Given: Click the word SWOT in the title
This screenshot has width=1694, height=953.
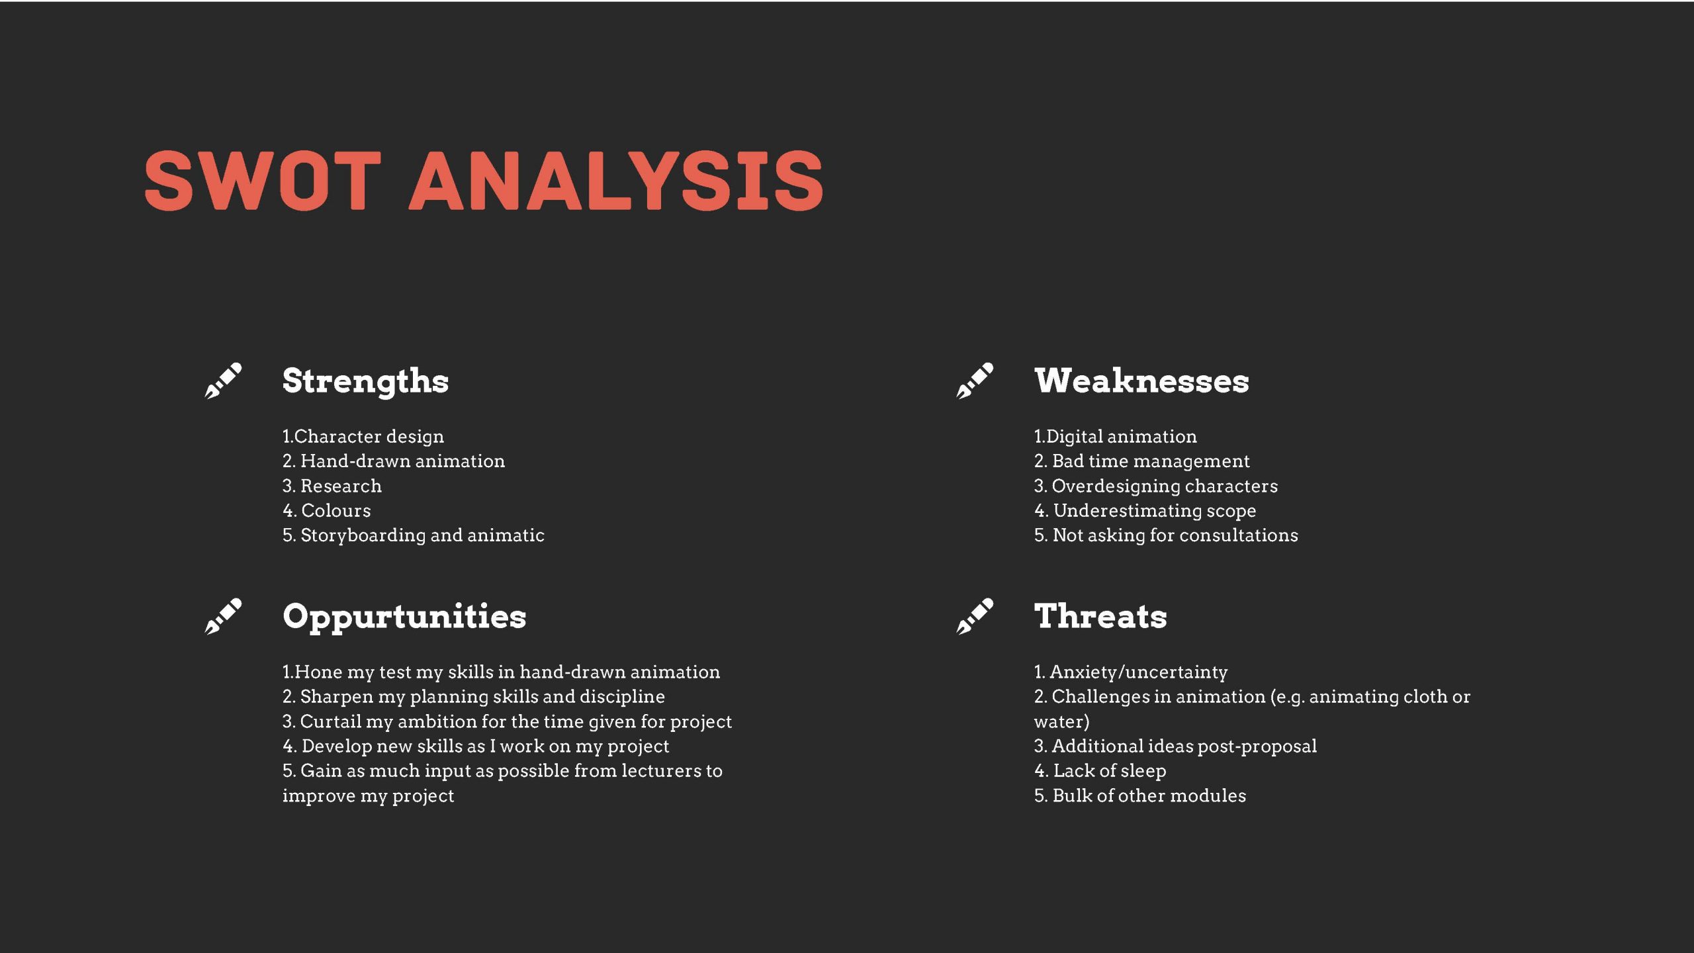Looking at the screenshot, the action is [x=263, y=180].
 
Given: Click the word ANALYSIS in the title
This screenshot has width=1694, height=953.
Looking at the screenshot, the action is [x=617, y=180].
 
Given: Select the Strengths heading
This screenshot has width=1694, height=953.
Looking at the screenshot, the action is [x=365, y=382].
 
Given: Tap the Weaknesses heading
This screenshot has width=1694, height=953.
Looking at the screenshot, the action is [x=1141, y=381].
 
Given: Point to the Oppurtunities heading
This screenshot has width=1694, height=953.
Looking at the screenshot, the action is [x=404, y=617].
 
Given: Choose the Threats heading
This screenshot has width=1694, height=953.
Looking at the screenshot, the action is [x=1100, y=616].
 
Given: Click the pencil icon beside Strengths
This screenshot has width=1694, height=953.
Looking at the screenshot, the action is [x=223, y=381].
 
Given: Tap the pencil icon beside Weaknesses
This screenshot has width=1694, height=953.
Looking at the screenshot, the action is [x=975, y=381].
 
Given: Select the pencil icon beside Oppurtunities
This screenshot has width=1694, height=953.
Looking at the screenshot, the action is [x=223, y=616].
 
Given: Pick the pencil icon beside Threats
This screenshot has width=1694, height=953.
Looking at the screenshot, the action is [x=975, y=616].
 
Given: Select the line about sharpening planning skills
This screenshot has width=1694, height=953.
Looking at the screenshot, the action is [x=474, y=697].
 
